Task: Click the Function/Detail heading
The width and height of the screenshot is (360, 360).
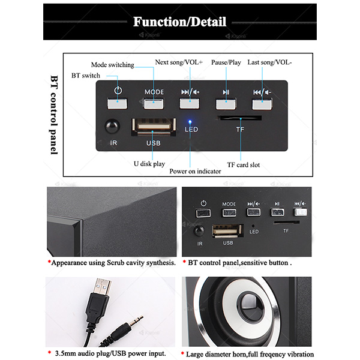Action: [x=179, y=22]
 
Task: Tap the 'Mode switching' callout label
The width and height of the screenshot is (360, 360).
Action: [x=113, y=65]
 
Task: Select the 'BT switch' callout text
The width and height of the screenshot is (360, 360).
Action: [x=86, y=76]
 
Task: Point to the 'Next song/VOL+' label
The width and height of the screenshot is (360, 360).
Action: [x=179, y=62]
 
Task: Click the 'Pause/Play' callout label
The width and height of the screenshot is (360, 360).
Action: [x=226, y=62]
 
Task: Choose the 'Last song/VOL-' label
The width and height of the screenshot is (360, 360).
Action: [x=269, y=62]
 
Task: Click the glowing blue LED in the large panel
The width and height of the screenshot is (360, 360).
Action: [x=190, y=122]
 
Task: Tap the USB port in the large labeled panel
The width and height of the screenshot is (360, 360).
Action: [x=154, y=127]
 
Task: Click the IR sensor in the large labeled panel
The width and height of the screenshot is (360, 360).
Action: [x=112, y=126]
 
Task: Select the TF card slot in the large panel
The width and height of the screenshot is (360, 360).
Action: [x=239, y=118]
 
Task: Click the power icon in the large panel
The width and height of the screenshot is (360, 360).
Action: [x=118, y=90]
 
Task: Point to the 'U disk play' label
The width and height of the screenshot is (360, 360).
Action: [x=149, y=164]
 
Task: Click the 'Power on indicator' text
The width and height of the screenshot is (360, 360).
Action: [x=195, y=171]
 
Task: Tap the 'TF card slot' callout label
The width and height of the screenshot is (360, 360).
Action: [x=244, y=165]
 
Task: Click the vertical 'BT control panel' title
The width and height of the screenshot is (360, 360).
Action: [x=54, y=115]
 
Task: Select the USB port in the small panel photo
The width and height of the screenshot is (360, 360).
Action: [x=227, y=231]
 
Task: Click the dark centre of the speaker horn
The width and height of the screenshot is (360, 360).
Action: [x=250, y=306]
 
